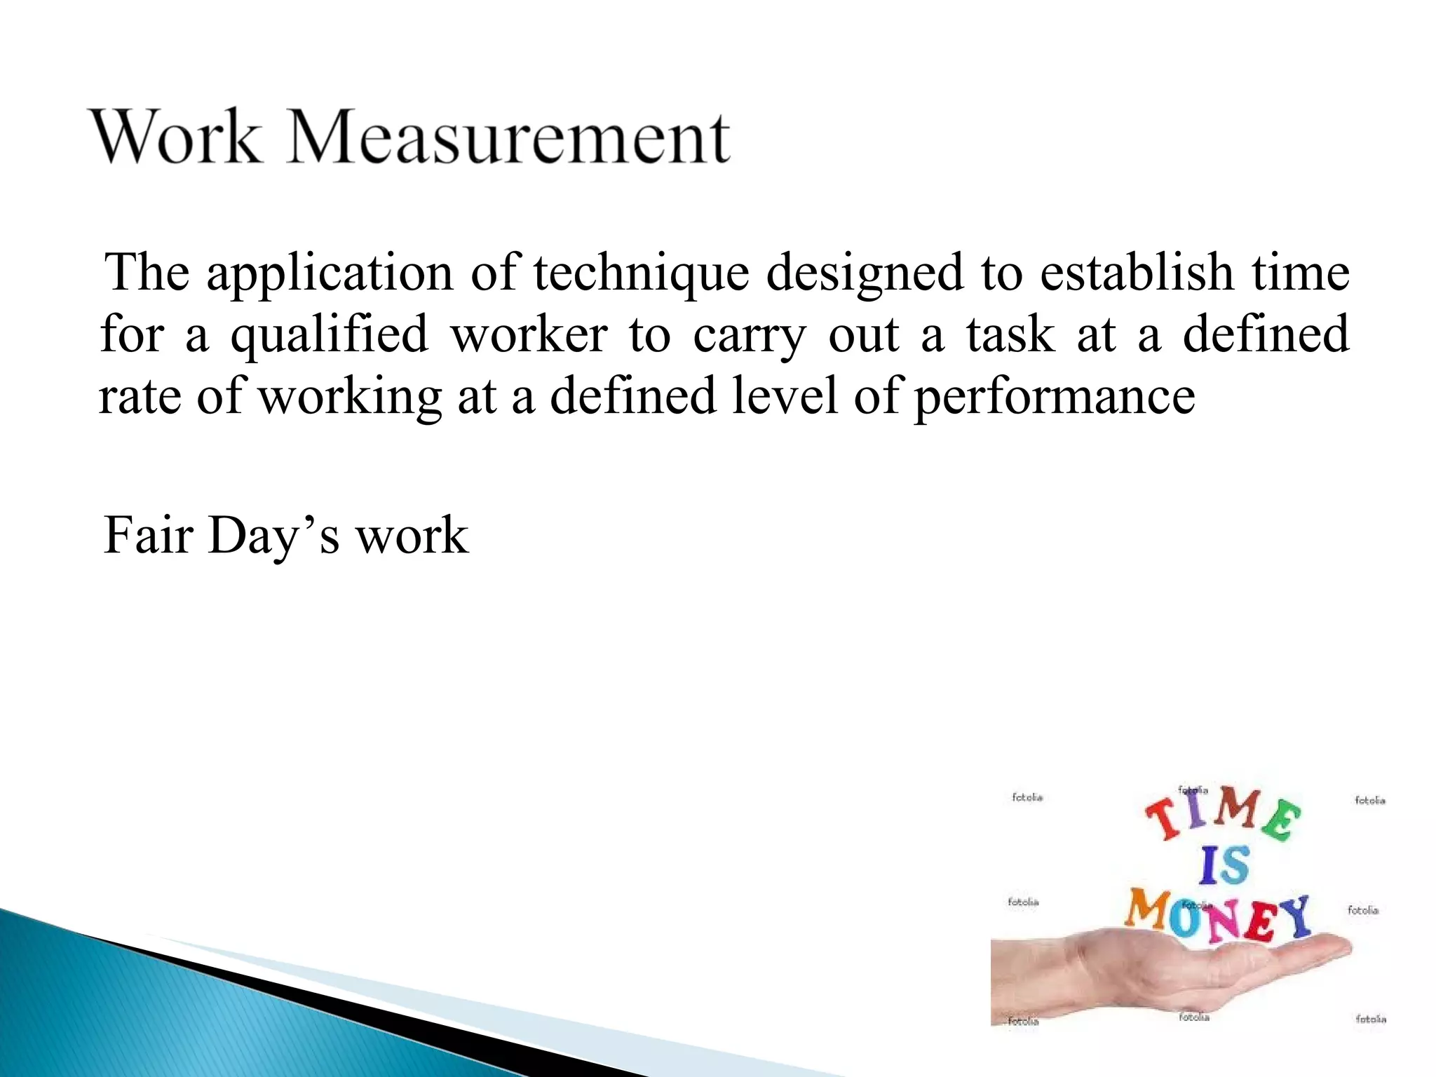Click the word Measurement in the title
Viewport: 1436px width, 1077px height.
click(509, 138)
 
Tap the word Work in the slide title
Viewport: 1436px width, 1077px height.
click(176, 138)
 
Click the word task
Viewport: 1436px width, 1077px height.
click(1010, 335)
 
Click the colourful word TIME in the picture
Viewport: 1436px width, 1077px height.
click(1224, 813)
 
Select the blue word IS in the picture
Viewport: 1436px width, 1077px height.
click(1224, 865)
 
